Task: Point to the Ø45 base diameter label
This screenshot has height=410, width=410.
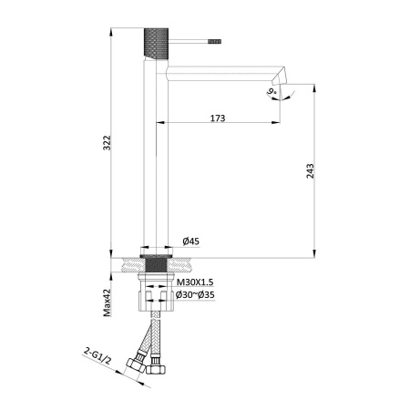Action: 191,241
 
